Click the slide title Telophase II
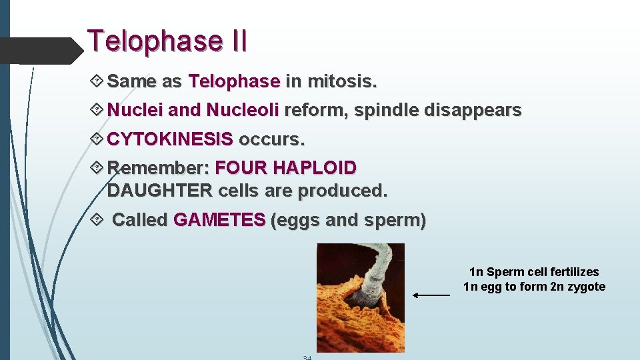pos(167,41)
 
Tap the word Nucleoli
pos(243,110)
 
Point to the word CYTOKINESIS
pos(170,139)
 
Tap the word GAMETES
pos(219,220)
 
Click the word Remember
pos(158,167)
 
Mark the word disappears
pos(475,110)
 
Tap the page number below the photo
pos(307,357)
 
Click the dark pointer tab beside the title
pos(40,50)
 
